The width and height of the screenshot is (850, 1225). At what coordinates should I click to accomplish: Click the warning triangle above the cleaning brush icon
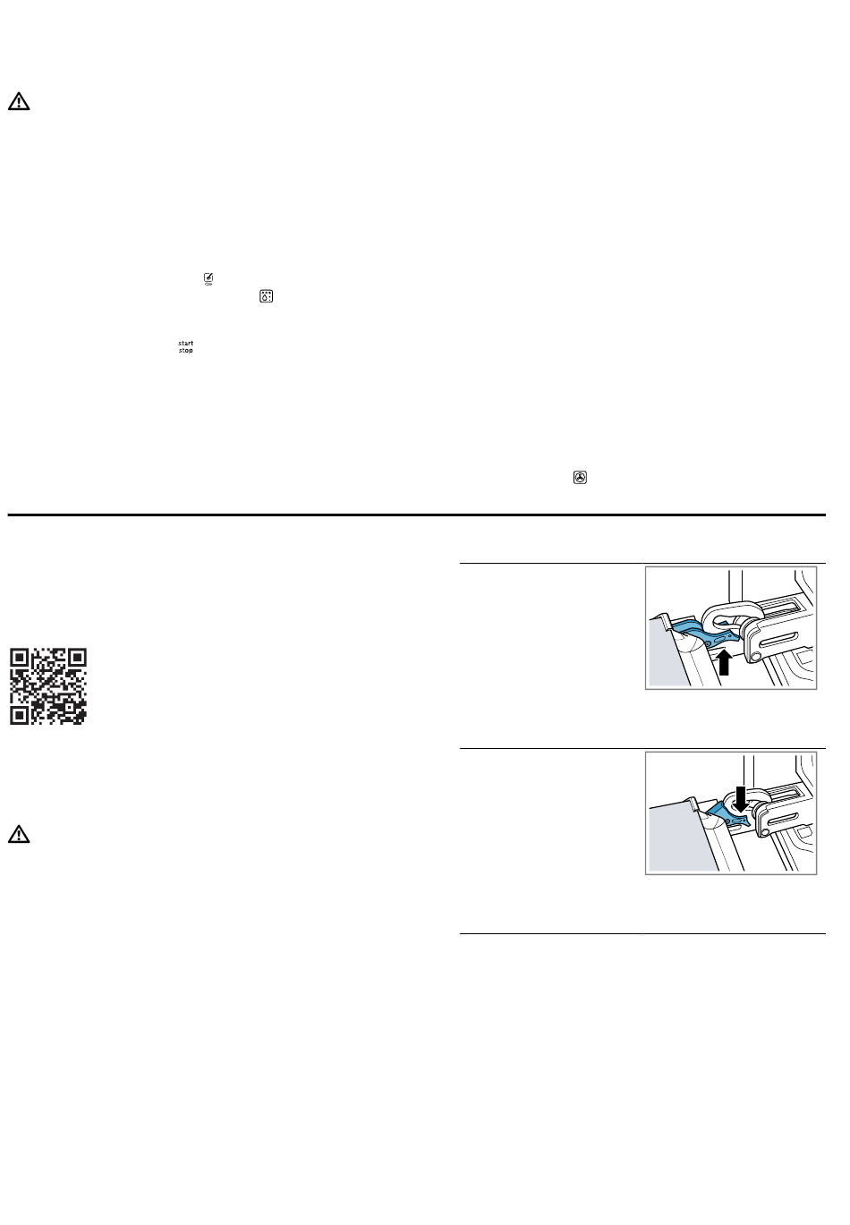[x=19, y=102]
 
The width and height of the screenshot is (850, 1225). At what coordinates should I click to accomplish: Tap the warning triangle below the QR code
[x=19, y=834]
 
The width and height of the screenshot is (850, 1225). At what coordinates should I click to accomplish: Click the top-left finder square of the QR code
[x=19, y=658]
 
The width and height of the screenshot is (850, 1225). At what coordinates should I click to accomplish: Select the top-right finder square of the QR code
[x=77, y=658]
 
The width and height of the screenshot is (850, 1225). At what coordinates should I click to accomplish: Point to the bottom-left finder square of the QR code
[x=19, y=715]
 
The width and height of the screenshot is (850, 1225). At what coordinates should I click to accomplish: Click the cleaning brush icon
[x=208, y=279]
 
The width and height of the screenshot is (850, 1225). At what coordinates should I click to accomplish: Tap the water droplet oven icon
[x=267, y=296]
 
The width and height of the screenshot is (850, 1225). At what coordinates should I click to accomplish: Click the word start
[x=186, y=344]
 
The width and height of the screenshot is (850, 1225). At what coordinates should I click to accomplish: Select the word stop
[x=186, y=351]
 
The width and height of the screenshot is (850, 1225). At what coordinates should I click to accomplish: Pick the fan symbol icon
[x=581, y=478]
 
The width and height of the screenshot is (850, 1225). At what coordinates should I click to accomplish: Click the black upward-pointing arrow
[x=724, y=663]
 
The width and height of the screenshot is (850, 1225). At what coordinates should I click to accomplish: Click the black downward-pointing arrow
[x=741, y=798]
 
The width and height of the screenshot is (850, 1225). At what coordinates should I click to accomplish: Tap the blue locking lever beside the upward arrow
[x=706, y=634]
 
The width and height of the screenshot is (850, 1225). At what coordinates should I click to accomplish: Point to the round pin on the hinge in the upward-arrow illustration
[x=756, y=656]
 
